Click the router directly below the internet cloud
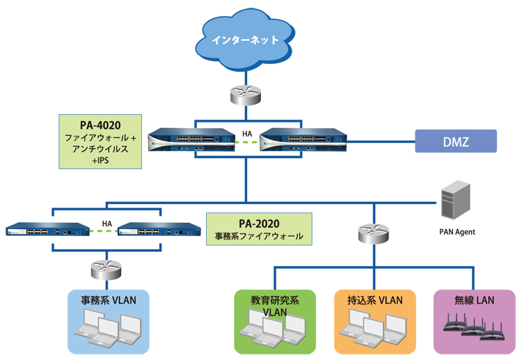tap(246, 95)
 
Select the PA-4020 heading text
tap(100, 125)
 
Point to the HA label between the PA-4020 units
tap(246, 133)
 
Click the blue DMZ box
tap(456, 141)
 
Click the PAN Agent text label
tap(457, 232)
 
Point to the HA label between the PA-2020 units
tap(106, 224)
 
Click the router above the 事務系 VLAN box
tap(106, 267)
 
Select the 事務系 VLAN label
tap(108, 301)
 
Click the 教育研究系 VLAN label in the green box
tap(275, 306)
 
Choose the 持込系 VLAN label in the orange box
tap(375, 301)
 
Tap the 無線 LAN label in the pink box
tap(473, 301)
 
